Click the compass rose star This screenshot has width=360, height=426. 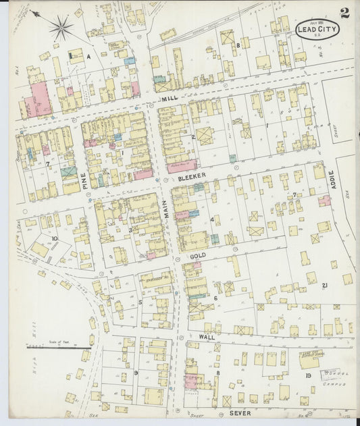pos(61,28)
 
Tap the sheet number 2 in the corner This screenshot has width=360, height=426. pos(344,13)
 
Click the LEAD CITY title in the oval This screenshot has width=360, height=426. pos(317,30)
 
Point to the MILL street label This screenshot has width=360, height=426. pos(169,99)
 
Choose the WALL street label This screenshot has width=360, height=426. pos(207,336)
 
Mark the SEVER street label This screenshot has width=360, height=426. pos(240,412)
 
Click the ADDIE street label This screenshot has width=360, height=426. pos(331,179)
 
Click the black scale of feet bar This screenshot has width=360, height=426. pos(49,348)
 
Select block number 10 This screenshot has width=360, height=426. pos(54,238)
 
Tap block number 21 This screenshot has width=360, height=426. pos(325,286)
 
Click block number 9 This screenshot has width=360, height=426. pos(136,372)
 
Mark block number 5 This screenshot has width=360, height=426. pos(140,302)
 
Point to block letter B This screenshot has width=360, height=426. pos(238,45)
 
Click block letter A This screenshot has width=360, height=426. pos(88,57)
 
